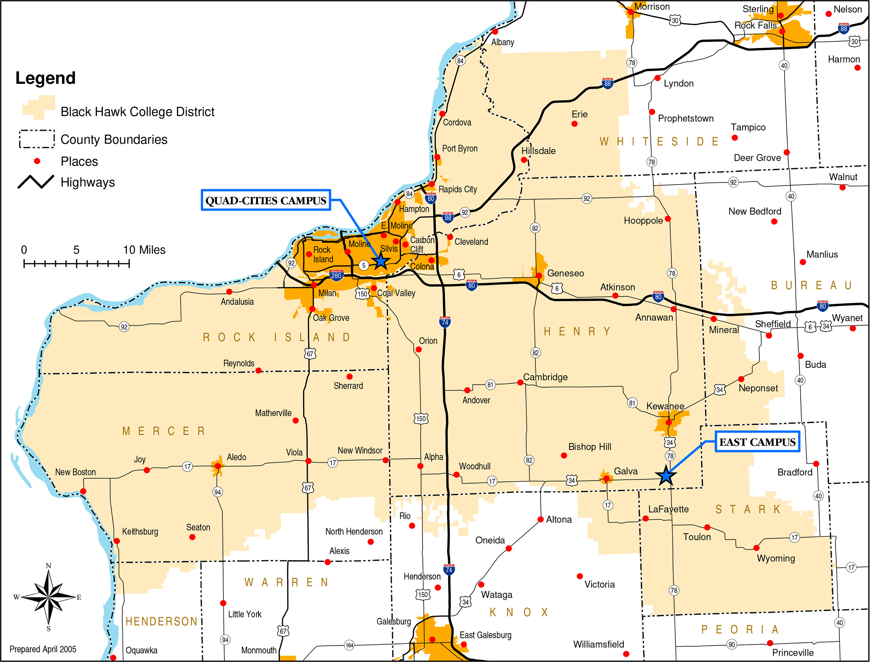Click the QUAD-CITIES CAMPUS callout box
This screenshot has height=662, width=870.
point(266,200)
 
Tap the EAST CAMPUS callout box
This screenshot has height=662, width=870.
point(757,442)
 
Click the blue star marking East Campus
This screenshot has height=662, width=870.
point(666,476)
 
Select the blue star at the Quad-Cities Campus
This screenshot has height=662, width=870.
point(380,261)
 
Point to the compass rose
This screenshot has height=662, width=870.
point(48,597)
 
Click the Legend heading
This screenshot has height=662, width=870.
point(45,78)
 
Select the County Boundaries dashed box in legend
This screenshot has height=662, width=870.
point(37,139)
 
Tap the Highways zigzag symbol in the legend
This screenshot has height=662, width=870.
point(36,182)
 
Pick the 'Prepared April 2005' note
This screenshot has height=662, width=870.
point(43,649)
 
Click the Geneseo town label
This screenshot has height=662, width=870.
point(565,273)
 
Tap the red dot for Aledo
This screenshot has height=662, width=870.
point(217,466)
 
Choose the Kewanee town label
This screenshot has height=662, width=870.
point(665,406)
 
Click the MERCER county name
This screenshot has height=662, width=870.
point(164,431)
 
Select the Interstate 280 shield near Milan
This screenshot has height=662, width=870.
point(336,275)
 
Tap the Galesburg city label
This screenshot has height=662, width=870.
point(393,621)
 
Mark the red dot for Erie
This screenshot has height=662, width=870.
point(574,124)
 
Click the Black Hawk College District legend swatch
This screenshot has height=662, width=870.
point(39,107)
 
